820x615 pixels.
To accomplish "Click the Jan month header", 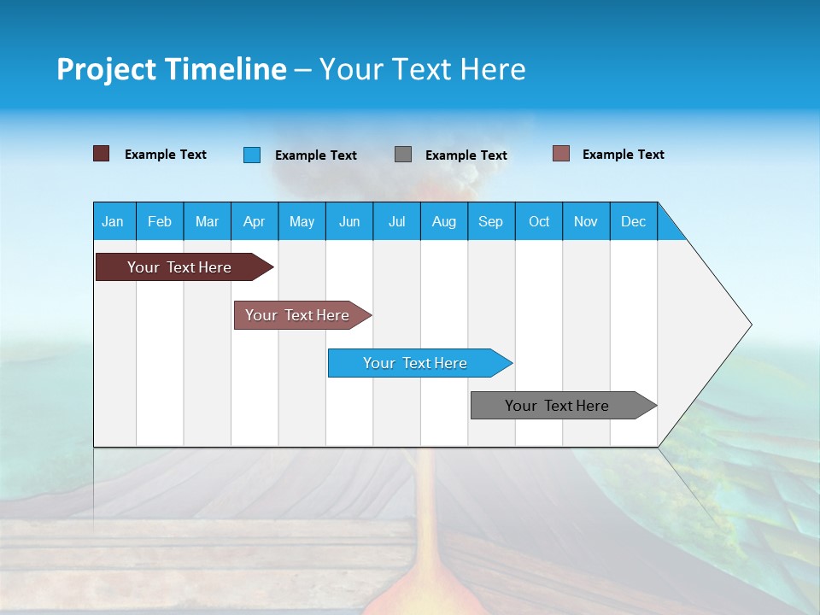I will coord(114,221).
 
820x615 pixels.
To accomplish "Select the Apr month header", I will coord(255,221).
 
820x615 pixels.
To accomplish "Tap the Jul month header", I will coord(396,221).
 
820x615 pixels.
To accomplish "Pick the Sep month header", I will coord(490,221).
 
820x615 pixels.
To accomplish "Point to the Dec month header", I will coord(633,221).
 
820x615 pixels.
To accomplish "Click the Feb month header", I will coord(160,221).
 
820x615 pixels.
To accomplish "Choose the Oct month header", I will coord(539,221).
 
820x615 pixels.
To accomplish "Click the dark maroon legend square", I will coord(101,154).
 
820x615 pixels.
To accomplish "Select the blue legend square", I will coord(252,155).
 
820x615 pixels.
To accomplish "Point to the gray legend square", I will coord(403,154).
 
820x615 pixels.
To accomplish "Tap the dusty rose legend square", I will coord(561,154).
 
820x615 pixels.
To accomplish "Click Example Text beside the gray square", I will coord(466,155).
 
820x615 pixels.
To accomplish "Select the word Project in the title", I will coord(106,69).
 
